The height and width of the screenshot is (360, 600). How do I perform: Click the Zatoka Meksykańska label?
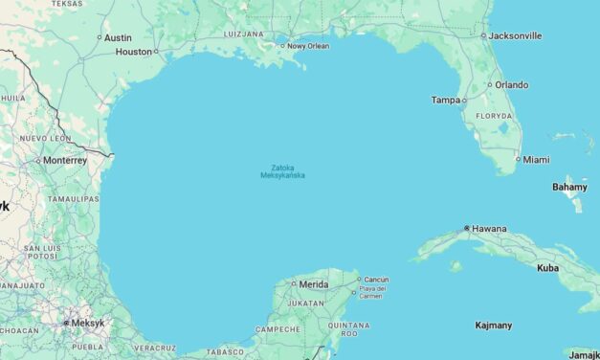click(x=282, y=170)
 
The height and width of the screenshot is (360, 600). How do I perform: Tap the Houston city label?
click(x=134, y=52)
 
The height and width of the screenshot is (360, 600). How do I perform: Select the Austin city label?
click(x=118, y=37)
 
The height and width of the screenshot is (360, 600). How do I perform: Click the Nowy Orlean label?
click(x=308, y=45)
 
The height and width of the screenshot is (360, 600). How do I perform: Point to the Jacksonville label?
click(x=515, y=35)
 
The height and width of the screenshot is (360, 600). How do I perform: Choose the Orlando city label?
click(x=511, y=84)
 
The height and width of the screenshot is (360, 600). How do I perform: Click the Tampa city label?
click(x=445, y=100)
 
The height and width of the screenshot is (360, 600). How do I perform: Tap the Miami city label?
click(x=537, y=159)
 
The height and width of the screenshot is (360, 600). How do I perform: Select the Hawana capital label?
click(x=490, y=229)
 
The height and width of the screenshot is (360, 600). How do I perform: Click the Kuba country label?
click(x=547, y=267)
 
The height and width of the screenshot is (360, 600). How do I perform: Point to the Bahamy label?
click(x=569, y=187)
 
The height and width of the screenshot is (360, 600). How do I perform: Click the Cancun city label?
click(x=376, y=280)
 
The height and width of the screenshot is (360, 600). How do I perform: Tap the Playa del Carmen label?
click(x=372, y=292)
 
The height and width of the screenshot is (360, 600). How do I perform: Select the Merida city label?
click(x=314, y=284)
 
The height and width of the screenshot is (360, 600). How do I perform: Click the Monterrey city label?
click(x=65, y=161)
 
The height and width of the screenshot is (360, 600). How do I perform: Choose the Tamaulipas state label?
click(x=75, y=198)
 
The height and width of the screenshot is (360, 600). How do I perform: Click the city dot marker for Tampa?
click(x=464, y=100)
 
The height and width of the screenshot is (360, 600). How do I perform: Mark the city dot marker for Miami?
click(x=518, y=159)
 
